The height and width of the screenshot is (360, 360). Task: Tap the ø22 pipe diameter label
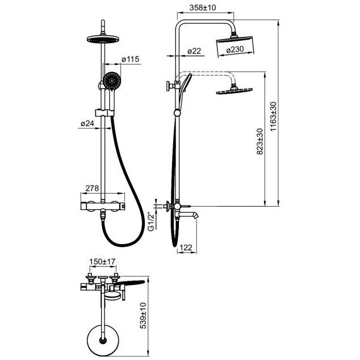tap(194, 51)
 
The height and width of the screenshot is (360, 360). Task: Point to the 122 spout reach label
tap(185, 247)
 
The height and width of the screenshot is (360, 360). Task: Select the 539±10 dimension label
tap(144, 316)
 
